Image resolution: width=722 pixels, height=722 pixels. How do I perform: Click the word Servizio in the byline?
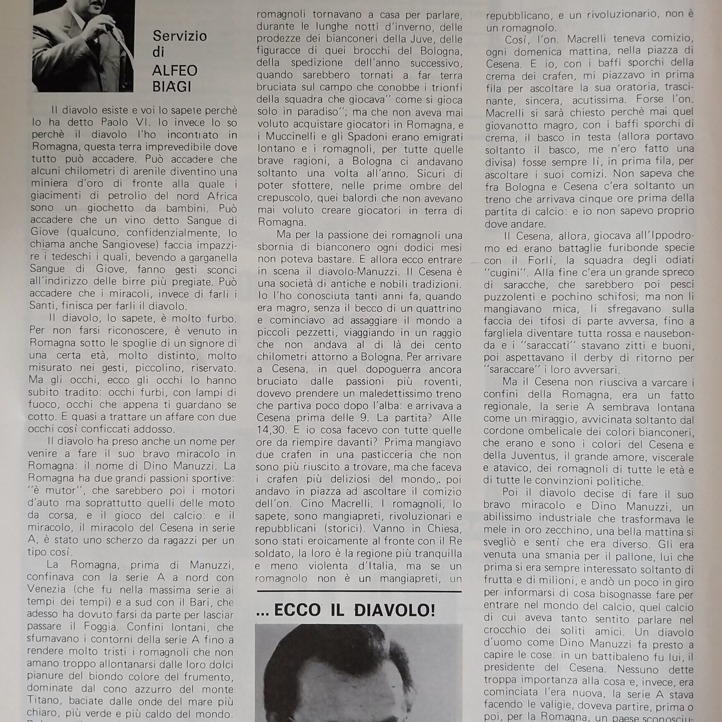tap(180, 36)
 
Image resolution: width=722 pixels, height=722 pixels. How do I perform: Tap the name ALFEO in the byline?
tap(174, 71)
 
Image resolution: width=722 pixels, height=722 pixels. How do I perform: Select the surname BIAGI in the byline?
tap(172, 87)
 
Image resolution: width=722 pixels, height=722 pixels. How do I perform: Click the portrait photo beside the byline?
tap(83, 46)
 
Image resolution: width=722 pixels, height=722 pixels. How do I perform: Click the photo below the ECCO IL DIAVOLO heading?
tap(359, 673)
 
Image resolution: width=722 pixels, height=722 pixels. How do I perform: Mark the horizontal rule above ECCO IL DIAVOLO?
tap(359, 592)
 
